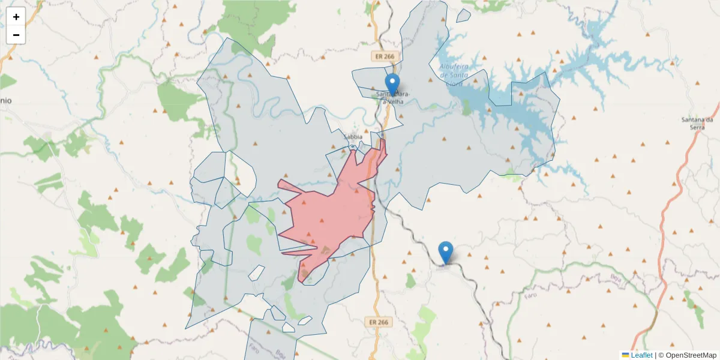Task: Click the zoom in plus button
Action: click(16, 17)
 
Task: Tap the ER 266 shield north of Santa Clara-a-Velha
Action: click(384, 56)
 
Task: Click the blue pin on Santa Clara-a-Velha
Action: click(392, 85)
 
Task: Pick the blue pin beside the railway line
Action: click(446, 252)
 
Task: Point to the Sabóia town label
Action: click(353, 137)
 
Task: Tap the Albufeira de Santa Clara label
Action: click(453, 71)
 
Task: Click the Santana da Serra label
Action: click(697, 124)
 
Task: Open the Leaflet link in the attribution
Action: click(641, 355)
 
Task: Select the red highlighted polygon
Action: click(330, 216)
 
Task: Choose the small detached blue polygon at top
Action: click(463, 16)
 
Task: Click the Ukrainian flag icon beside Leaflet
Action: click(625, 355)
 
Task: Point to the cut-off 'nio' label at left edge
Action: click(5, 101)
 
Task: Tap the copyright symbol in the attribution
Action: click(661, 355)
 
